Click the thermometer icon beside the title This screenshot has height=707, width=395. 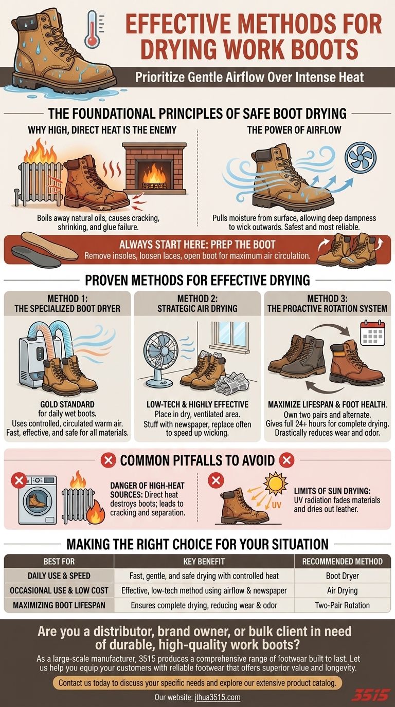(92, 28)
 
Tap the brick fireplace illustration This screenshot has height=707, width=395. (154, 168)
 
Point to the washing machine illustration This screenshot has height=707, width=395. (37, 500)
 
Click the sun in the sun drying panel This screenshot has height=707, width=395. (276, 483)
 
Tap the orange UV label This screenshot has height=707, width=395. (276, 505)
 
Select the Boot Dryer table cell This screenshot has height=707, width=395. (342, 576)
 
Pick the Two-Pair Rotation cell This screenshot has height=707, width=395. (342, 605)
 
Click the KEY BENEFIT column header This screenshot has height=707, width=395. (204, 561)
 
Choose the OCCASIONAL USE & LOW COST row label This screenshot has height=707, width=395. (59, 590)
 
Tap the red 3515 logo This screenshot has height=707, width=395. (371, 694)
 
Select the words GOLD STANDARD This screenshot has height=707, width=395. (67, 404)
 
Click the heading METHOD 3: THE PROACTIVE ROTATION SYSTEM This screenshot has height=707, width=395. (327, 303)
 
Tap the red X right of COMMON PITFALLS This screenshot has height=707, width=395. (286, 460)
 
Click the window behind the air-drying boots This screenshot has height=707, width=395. (228, 334)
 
